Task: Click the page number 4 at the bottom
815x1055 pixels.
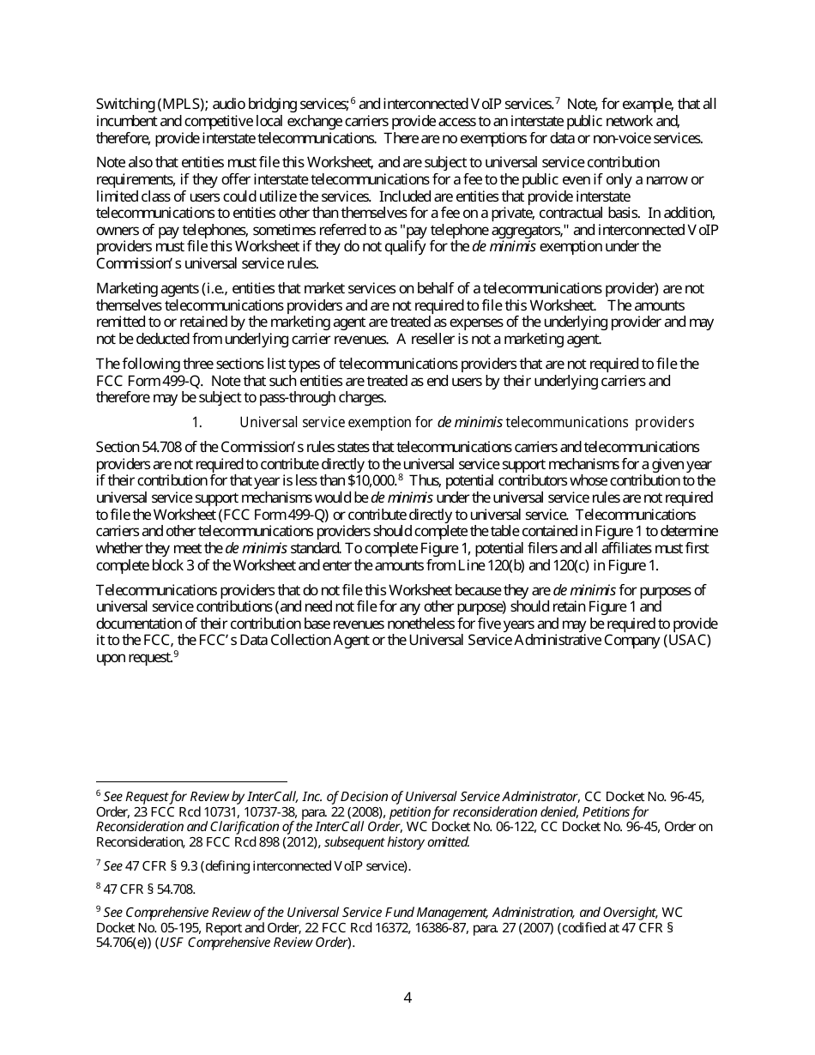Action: [407, 998]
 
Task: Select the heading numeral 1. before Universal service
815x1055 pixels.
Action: [196, 422]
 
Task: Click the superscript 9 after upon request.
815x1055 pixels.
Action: [176, 654]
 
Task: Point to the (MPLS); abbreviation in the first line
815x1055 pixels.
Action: [180, 105]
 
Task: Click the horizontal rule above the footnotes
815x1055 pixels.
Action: [191, 781]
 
